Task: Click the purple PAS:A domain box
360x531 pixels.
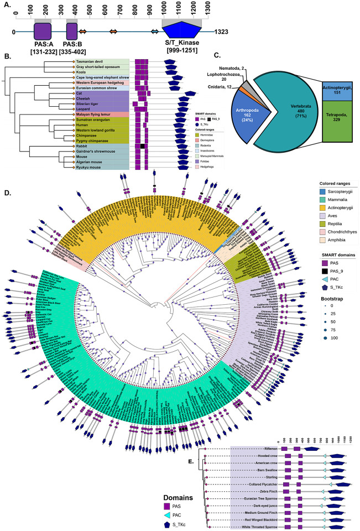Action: click(43, 31)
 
